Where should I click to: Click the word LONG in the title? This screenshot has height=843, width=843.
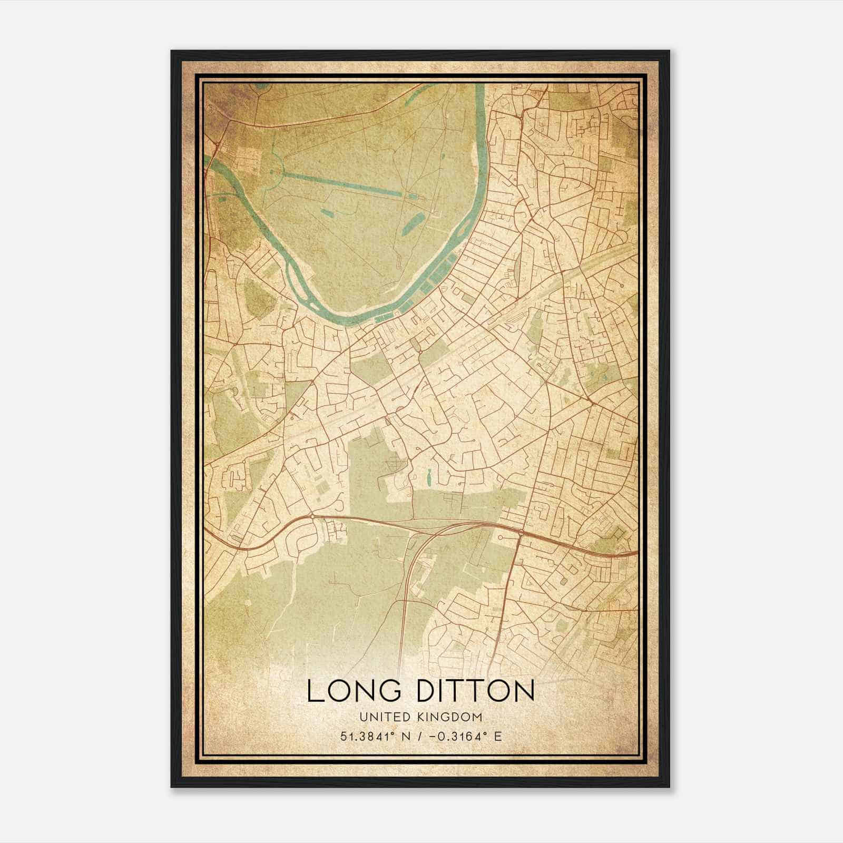click(x=351, y=691)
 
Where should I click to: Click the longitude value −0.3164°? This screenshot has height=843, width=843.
click(x=456, y=736)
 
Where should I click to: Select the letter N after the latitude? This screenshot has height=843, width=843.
click(x=406, y=736)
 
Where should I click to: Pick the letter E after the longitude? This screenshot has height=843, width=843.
click(x=497, y=736)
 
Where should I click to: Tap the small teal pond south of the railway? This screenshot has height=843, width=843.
click(x=429, y=478)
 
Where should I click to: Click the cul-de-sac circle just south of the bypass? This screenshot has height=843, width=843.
click(x=499, y=537)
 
